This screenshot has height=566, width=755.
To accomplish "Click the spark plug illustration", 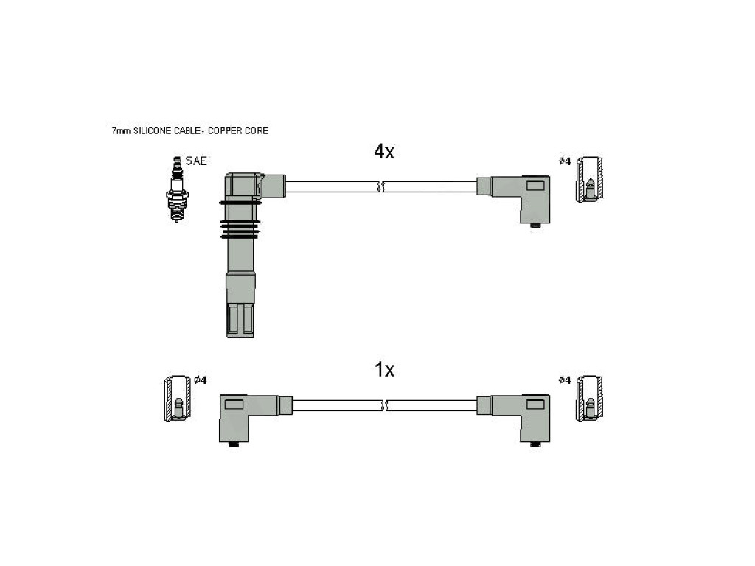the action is point(177,189).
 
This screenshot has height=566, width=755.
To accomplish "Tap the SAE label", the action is point(196,161).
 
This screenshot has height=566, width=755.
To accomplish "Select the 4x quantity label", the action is point(384,152).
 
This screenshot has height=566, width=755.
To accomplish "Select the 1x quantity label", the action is point(384,370).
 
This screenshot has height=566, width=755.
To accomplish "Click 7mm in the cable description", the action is point(121,131).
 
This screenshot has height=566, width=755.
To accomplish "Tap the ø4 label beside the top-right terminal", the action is point(564,161).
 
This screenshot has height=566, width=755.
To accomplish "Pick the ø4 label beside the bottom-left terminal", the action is point(201,380).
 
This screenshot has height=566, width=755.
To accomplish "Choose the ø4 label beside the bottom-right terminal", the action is point(564,380).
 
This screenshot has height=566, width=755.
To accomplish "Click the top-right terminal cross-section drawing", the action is point(590,179).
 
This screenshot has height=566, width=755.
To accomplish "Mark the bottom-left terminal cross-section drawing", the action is point(177,399).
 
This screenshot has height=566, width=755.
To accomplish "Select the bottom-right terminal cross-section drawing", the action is point(590,399).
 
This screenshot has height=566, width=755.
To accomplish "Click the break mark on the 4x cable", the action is point(381,186).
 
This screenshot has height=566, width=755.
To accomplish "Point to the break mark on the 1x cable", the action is point(384,405).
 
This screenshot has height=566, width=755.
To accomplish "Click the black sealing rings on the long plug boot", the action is point(240,220).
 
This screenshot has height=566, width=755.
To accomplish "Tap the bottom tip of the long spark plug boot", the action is point(240,336).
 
